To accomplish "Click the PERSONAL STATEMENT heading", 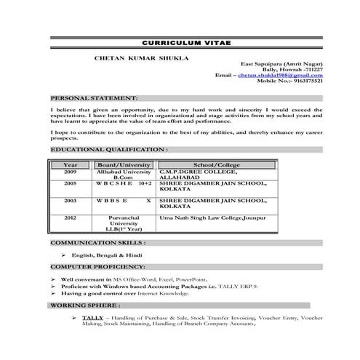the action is click(93, 97).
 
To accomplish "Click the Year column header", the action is click(70, 165).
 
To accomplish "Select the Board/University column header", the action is click(124, 165).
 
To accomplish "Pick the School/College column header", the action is click(216, 165).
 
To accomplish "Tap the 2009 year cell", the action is click(70, 172).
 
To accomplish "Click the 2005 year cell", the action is click(70, 184).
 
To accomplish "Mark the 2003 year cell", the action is click(70, 199).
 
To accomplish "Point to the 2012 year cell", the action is click(70, 217).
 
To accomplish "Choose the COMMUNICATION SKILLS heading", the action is click(97, 242).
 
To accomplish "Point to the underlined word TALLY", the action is click(92, 319).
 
